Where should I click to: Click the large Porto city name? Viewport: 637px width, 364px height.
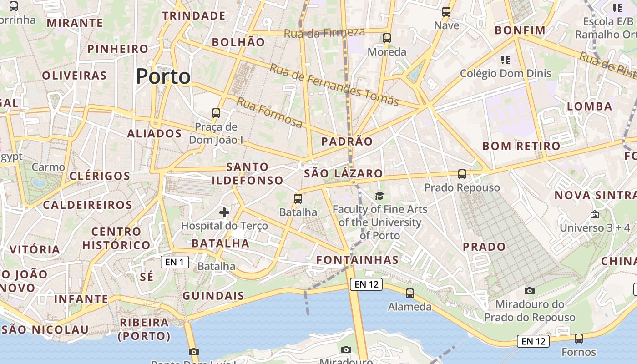pyautogui.click(x=163, y=76)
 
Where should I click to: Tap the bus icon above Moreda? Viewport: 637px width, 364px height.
pyautogui.click(x=387, y=38)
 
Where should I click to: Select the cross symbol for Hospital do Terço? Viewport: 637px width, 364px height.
pyautogui.click(x=224, y=212)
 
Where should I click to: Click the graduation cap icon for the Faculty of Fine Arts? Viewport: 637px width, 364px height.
pyautogui.click(x=379, y=196)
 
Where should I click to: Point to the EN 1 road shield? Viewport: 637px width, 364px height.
pyautogui.click(x=175, y=262)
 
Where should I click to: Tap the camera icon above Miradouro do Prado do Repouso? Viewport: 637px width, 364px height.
pyautogui.click(x=530, y=291)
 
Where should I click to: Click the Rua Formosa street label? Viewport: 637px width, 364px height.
pyautogui.click(x=269, y=112)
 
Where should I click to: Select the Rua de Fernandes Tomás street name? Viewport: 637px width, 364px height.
pyautogui.click(x=334, y=85)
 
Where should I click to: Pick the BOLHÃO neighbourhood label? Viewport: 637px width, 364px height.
pyautogui.click(x=238, y=42)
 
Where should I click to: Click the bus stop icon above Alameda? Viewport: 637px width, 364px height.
pyautogui.click(x=410, y=293)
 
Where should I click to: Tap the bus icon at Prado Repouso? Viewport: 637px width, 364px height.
pyautogui.click(x=462, y=174)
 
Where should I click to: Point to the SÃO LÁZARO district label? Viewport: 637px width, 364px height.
pyautogui.click(x=344, y=173)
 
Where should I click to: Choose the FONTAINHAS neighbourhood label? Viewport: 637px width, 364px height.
pyautogui.click(x=358, y=260)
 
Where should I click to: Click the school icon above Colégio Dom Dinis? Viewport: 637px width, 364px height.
pyautogui.click(x=505, y=60)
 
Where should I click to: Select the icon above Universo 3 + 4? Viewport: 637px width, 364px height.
pyautogui.click(x=595, y=214)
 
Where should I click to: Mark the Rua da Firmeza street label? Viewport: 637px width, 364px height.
pyautogui.click(x=324, y=33)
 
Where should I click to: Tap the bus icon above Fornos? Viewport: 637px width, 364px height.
pyautogui.click(x=579, y=339)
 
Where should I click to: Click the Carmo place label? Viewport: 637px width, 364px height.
pyautogui.click(x=49, y=167)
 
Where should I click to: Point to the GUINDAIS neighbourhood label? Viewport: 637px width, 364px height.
pyautogui.click(x=213, y=296)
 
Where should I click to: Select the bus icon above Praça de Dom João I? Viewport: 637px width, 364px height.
pyautogui.click(x=216, y=113)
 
